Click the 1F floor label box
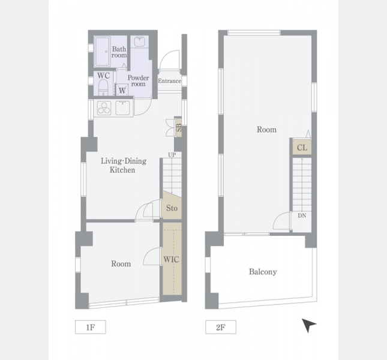coord(91,327)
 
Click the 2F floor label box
coord(221,327)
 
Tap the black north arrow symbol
coord(308,325)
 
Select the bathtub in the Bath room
coord(102,52)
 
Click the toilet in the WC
coord(103,87)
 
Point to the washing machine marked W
coord(122,90)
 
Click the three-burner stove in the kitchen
coord(104,108)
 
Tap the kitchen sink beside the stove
coord(122,107)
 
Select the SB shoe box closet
coord(178,128)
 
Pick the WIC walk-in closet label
coord(171,259)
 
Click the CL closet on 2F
coord(302,148)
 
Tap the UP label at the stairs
coord(172,155)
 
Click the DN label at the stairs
coord(302,215)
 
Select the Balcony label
coord(263,272)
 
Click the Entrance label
coord(170,81)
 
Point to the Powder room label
coord(138,80)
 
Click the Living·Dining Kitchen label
coord(124,166)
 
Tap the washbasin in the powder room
coord(139,42)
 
